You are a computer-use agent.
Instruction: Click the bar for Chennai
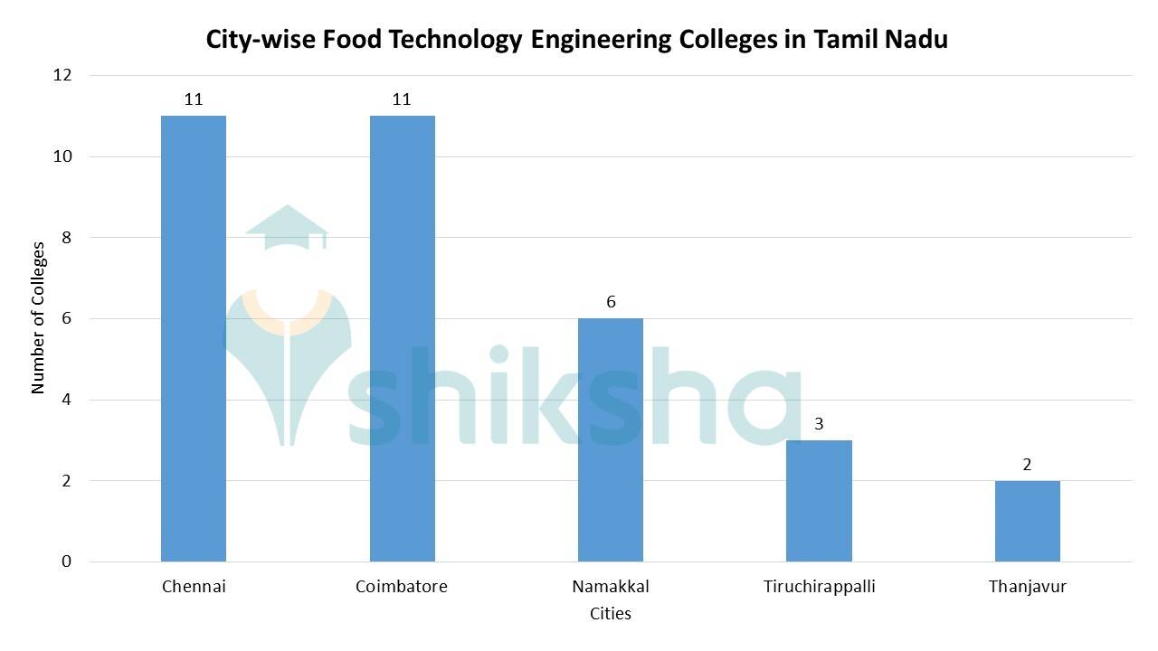194,338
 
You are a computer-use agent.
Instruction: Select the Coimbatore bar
402,338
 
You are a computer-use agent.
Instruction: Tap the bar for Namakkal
611,439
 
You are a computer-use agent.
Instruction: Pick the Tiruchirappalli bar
819,501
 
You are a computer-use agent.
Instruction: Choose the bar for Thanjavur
1027,521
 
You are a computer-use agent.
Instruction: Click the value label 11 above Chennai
194,99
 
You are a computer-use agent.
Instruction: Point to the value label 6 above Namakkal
611,302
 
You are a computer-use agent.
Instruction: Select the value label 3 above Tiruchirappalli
819,424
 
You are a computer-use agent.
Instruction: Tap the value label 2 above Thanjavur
1027,465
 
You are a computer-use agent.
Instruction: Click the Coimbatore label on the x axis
402,587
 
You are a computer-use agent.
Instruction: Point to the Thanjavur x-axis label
1027,587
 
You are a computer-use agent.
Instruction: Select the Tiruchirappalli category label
819,587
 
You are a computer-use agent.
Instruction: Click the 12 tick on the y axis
62,75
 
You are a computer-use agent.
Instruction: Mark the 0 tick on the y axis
67,561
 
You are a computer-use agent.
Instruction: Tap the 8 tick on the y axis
67,238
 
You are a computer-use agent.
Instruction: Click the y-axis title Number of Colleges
38,317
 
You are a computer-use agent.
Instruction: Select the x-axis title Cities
611,614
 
